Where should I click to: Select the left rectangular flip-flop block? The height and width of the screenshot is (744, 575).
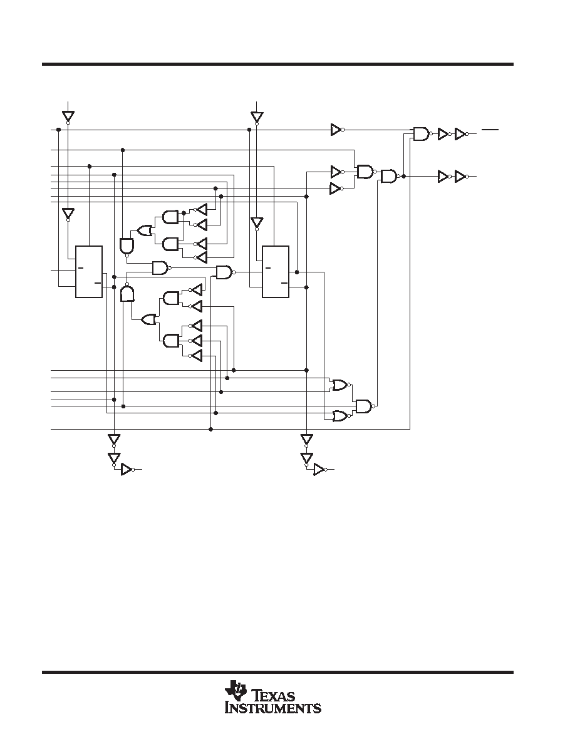point(89,272)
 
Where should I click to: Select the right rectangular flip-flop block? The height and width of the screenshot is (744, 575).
point(276,272)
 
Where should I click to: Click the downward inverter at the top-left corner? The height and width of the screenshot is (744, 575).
point(68,116)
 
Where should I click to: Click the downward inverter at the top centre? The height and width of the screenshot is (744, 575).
point(257,116)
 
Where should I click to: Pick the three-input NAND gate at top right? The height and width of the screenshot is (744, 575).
point(422,134)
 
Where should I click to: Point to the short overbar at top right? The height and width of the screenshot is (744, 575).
point(490,129)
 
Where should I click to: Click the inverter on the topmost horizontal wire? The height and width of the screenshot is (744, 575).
point(338,130)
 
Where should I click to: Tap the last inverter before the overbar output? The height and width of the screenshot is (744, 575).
point(461,134)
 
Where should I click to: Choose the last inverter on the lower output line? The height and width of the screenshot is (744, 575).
point(461,177)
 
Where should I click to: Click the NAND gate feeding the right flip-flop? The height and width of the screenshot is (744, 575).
point(225,272)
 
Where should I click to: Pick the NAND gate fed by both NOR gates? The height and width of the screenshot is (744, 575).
point(365,406)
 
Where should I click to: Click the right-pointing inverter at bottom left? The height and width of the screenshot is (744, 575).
point(128,469)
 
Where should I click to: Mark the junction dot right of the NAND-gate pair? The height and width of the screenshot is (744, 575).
point(403,177)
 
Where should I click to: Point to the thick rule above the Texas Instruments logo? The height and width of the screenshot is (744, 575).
point(277,673)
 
